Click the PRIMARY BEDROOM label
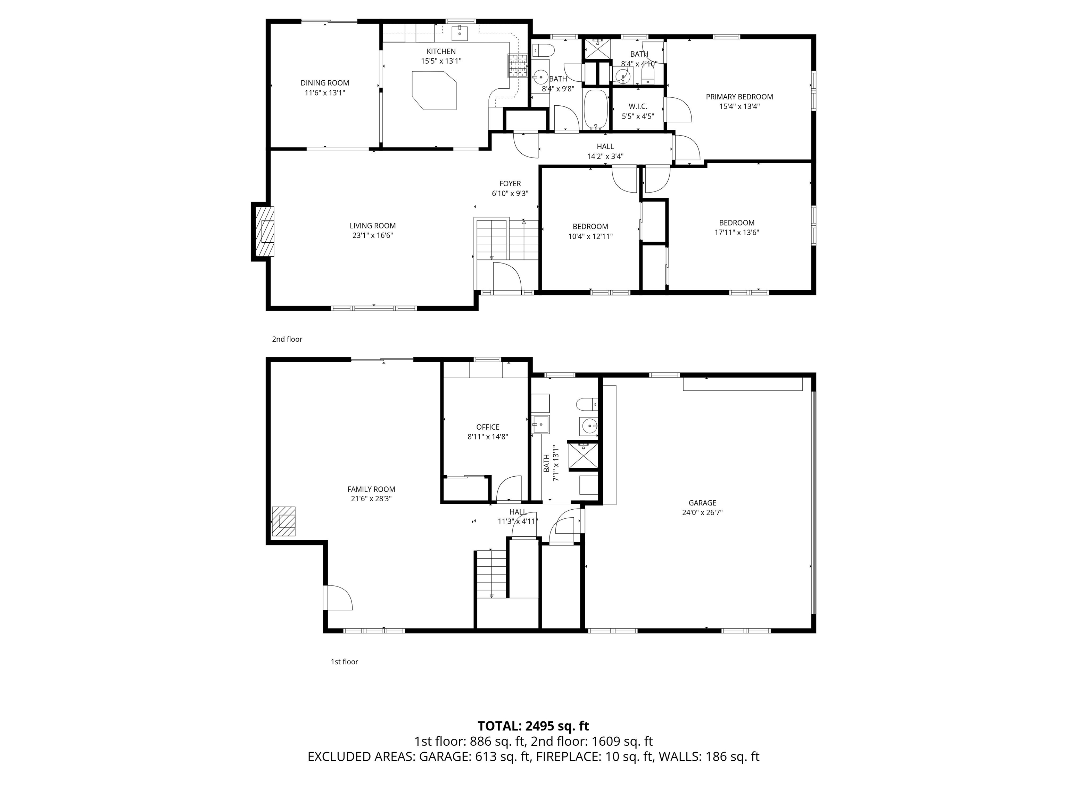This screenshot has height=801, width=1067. click(x=739, y=97)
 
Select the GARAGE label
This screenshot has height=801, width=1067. click(x=702, y=503)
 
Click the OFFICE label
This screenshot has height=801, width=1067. click(x=488, y=427)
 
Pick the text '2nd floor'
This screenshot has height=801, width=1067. click(x=287, y=339)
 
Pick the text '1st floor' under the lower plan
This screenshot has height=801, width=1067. click(x=344, y=662)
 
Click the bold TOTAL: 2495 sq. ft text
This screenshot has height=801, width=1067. click(x=533, y=726)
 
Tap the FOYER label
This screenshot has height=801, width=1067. click(x=510, y=184)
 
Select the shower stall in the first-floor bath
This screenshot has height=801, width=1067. click(x=583, y=456)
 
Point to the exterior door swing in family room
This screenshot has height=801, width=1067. click(x=339, y=597)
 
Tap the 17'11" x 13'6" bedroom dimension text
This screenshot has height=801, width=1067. click(x=737, y=232)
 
